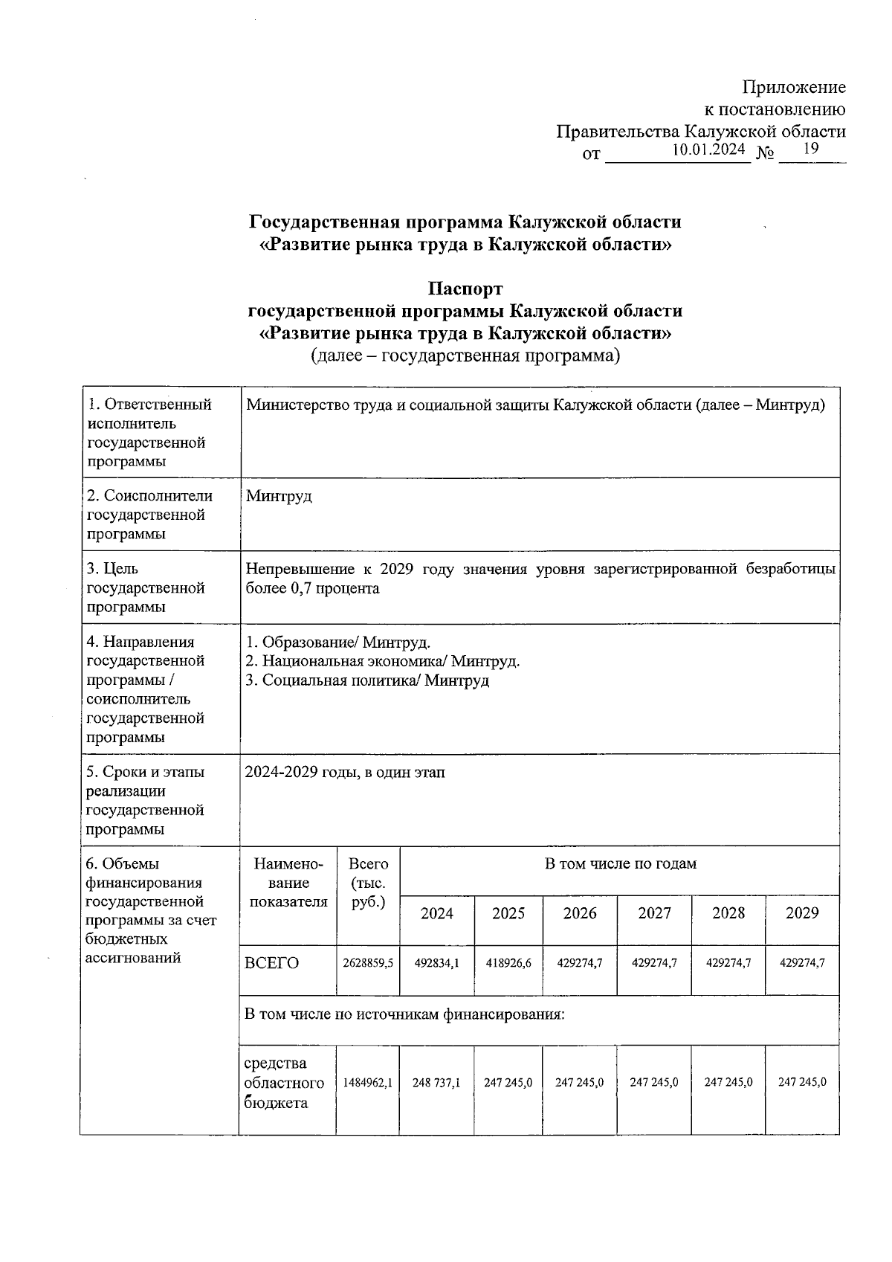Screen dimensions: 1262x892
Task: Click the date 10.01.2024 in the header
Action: pyautogui.click(x=708, y=150)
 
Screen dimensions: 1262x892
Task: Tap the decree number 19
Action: pyautogui.click(x=811, y=149)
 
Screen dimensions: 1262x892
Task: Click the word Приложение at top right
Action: pyautogui.click(x=795, y=88)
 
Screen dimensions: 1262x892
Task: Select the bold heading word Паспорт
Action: pyautogui.click(x=465, y=289)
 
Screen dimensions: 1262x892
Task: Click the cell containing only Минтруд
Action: pyautogui.click(x=279, y=496)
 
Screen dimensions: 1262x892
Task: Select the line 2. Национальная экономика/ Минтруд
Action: pyautogui.click(x=382, y=661)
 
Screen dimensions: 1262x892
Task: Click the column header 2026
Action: pyautogui.click(x=580, y=913)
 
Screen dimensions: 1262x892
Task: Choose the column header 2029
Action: pyautogui.click(x=802, y=913)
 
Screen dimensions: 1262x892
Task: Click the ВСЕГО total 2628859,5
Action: pyautogui.click(x=368, y=962)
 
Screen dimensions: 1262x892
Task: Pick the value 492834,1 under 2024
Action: pyautogui.click(x=437, y=962)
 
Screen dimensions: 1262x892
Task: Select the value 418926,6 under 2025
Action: pyautogui.click(x=508, y=962)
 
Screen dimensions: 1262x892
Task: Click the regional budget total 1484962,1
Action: pyautogui.click(x=368, y=1083)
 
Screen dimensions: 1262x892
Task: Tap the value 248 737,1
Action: pyautogui.click(x=437, y=1083)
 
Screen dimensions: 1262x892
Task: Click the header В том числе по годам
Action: pyautogui.click(x=621, y=864)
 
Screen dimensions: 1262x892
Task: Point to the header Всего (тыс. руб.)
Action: pyautogui.click(x=368, y=883)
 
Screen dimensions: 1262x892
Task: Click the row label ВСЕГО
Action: pyautogui.click(x=271, y=963)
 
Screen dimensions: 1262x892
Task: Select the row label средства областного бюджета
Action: pyautogui.click(x=283, y=1083)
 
